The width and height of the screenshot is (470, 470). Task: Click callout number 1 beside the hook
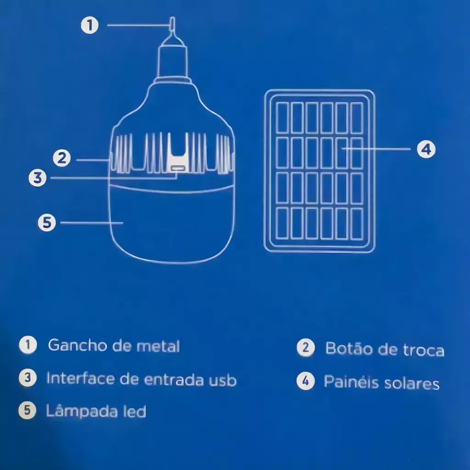point(90,25)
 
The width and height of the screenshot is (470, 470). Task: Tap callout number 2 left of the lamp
point(62,158)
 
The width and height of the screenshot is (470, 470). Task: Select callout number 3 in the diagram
point(38,178)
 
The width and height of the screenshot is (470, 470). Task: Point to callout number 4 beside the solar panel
point(426,149)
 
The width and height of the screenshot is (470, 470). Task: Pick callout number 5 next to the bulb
point(47,223)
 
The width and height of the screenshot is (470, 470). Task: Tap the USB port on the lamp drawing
point(177,168)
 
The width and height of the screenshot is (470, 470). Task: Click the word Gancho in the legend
point(77,346)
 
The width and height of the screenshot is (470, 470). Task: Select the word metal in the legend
point(158,346)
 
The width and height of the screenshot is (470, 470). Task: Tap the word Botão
point(349,348)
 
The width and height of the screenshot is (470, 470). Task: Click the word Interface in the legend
point(80,378)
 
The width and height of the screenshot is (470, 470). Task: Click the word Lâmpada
point(82,411)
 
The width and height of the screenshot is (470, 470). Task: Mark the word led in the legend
point(134,411)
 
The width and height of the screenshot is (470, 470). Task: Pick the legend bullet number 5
point(27,410)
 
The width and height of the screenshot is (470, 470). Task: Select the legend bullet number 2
point(306,347)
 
